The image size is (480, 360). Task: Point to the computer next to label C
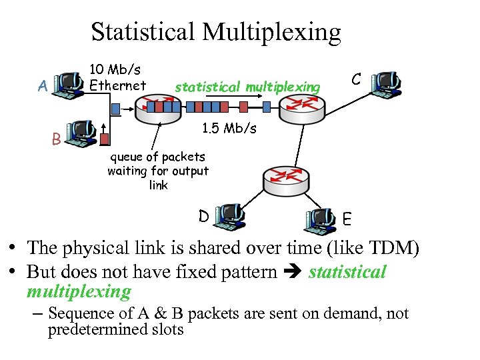click(x=386, y=83)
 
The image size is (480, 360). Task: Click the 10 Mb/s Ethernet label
click(x=117, y=77)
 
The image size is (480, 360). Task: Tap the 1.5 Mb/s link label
click(x=229, y=128)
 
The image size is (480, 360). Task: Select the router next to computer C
click(x=301, y=104)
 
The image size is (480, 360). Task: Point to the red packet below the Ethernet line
click(x=105, y=139)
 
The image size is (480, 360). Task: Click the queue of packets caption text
click(x=158, y=171)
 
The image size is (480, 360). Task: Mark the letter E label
click(x=348, y=218)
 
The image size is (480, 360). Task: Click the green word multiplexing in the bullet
click(x=79, y=291)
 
